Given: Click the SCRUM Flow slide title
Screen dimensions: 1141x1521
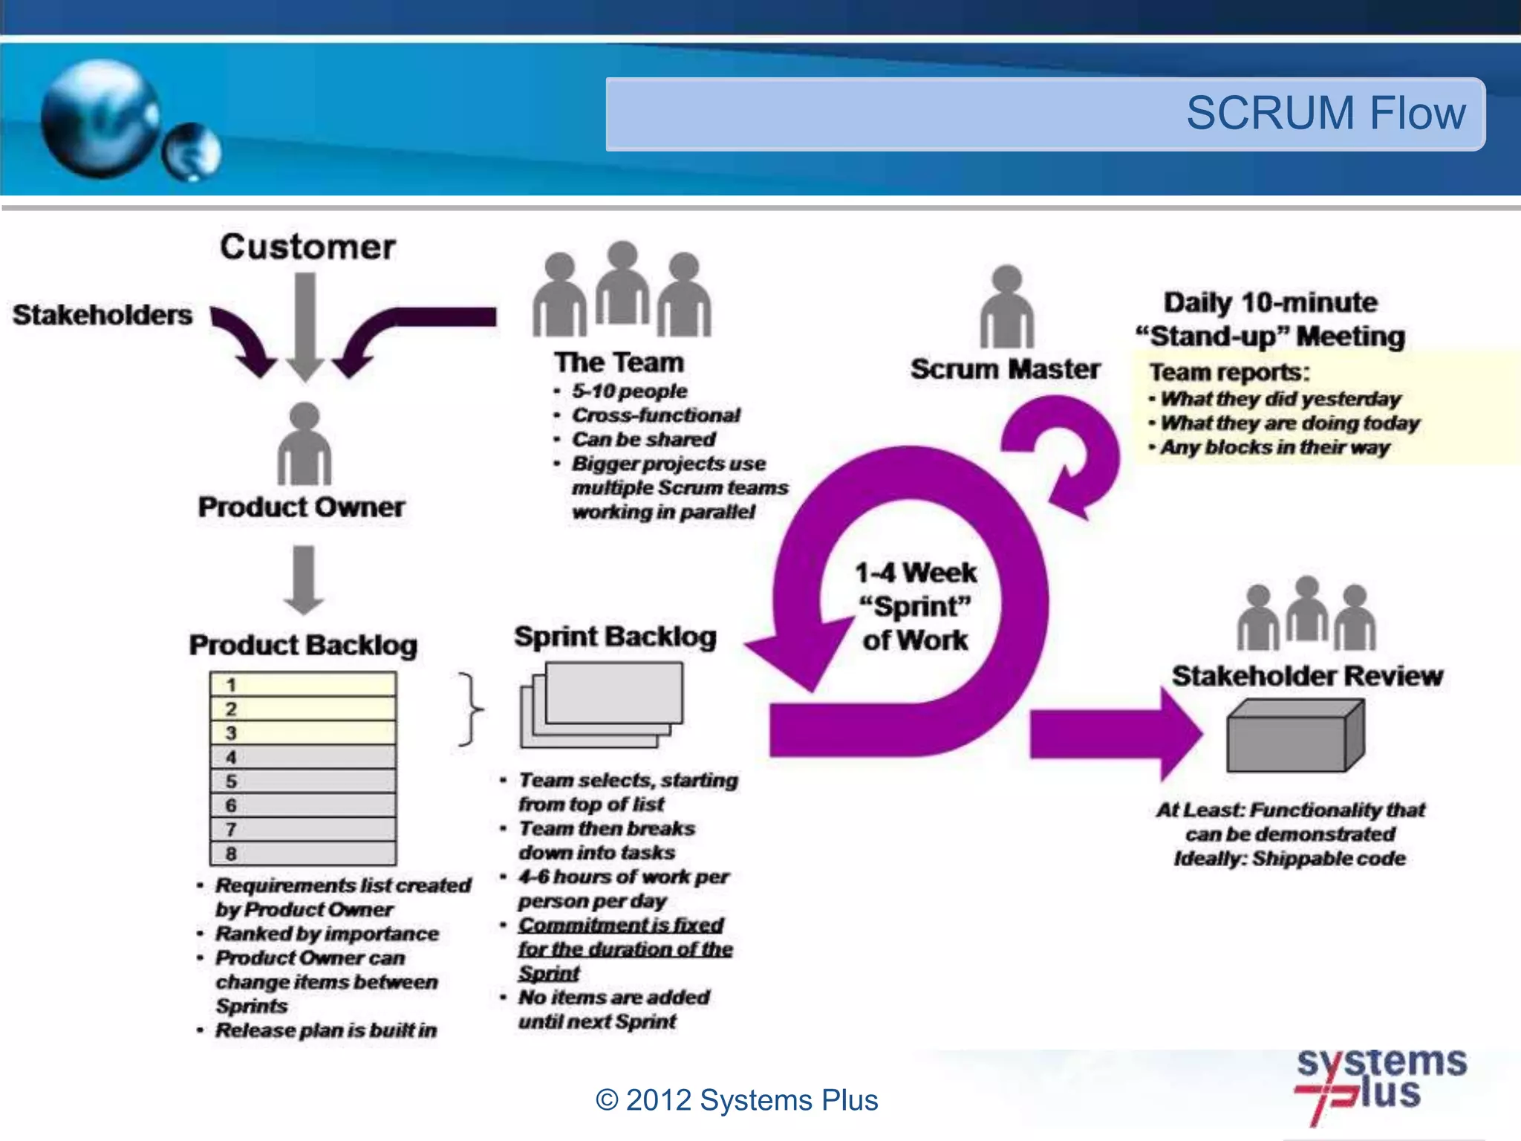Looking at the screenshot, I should (x=1325, y=114).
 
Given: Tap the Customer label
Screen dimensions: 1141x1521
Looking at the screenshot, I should (x=307, y=247).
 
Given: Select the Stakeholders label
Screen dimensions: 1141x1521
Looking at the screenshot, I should (x=102, y=315).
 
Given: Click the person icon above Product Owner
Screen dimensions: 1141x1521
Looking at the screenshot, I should (x=304, y=445).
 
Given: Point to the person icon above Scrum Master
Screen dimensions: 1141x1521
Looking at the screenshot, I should (x=1006, y=308).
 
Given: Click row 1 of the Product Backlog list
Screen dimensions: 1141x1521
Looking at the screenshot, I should (x=303, y=684).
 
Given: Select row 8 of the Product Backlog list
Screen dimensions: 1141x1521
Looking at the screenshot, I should (x=303, y=854).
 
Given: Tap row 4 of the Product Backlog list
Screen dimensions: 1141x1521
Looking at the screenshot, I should (x=303, y=757).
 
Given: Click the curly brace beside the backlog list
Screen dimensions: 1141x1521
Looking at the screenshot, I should (x=469, y=709).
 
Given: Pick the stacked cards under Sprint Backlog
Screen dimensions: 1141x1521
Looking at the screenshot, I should (x=602, y=704).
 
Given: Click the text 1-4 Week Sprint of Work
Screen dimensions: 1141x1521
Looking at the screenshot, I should (x=915, y=606).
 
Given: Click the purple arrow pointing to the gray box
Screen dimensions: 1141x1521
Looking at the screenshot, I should (x=1114, y=734).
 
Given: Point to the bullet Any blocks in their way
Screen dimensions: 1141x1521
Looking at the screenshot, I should (x=1274, y=448).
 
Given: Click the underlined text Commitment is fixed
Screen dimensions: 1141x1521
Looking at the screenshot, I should (x=621, y=926).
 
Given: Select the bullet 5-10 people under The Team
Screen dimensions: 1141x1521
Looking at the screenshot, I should (x=629, y=391).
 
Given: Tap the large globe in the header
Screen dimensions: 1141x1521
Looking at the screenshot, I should (x=100, y=119).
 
